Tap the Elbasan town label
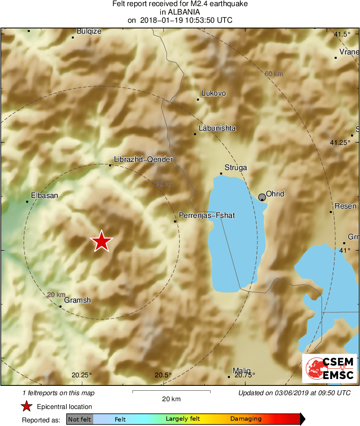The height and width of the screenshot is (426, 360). click(x=45, y=196)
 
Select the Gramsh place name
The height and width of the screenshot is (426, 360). click(x=77, y=301)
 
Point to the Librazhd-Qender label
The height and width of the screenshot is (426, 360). click(x=144, y=159)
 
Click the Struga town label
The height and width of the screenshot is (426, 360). click(x=236, y=168)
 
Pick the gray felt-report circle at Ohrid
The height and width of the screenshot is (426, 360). click(x=262, y=197)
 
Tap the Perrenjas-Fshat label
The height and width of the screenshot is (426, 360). click(x=207, y=215)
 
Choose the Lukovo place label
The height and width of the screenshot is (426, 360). click(x=214, y=94)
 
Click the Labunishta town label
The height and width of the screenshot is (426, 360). click(x=217, y=129)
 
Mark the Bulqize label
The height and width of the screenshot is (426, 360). click(x=89, y=31)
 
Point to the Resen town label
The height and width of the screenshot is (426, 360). click(x=345, y=206)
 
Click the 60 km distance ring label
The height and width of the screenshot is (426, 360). click(x=274, y=74)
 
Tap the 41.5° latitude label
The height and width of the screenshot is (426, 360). click(x=342, y=34)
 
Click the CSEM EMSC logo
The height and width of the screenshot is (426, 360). click(x=329, y=368)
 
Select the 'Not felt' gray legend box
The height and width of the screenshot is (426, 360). click(x=79, y=419)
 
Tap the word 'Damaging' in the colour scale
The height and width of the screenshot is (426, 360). click(x=246, y=419)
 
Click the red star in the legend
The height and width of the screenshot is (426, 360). click(x=27, y=407)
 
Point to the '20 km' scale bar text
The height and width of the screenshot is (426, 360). click(x=171, y=399)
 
